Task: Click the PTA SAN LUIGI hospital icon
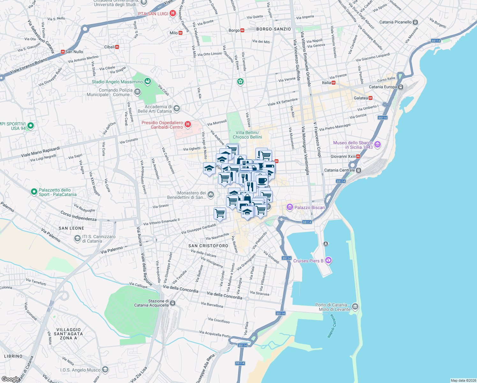[x=173, y=13]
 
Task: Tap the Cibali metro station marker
[x=117, y=47]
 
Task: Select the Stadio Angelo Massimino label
[x=117, y=82]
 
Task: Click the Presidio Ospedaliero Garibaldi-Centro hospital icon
[x=188, y=124]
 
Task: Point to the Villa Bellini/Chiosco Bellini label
[x=247, y=135]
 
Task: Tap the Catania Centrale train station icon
[x=358, y=170]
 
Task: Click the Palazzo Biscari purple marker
[x=290, y=207]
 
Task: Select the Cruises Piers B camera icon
[x=328, y=261]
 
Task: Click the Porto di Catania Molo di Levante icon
[x=355, y=307]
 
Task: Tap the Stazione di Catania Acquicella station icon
[x=172, y=303]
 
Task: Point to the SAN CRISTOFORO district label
[x=208, y=246]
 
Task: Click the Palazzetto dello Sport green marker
[x=34, y=192]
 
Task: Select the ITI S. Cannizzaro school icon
[x=77, y=238]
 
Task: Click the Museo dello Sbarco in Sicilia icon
[x=378, y=145]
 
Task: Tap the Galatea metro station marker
[x=371, y=98]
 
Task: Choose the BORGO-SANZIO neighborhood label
[x=274, y=29]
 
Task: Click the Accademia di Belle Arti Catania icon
[x=177, y=109]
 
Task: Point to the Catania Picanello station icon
[x=415, y=22]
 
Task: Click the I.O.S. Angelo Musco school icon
[x=105, y=370]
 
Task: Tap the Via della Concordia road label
[x=180, y=288]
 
